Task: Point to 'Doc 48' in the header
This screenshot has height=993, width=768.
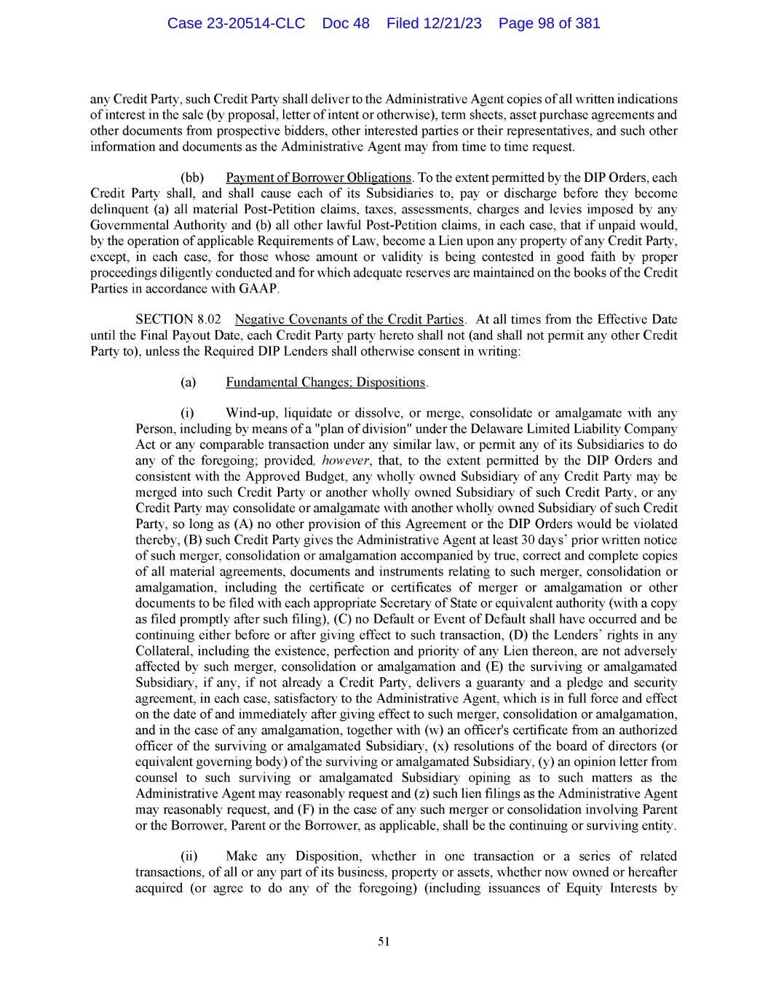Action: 346,23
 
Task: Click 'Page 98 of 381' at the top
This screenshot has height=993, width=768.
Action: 549,23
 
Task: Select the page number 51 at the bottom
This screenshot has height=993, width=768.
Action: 384,941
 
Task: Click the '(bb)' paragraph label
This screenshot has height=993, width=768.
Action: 191,178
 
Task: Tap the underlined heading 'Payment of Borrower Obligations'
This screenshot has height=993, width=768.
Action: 319,178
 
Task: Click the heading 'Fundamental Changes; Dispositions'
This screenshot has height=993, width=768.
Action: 325,382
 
